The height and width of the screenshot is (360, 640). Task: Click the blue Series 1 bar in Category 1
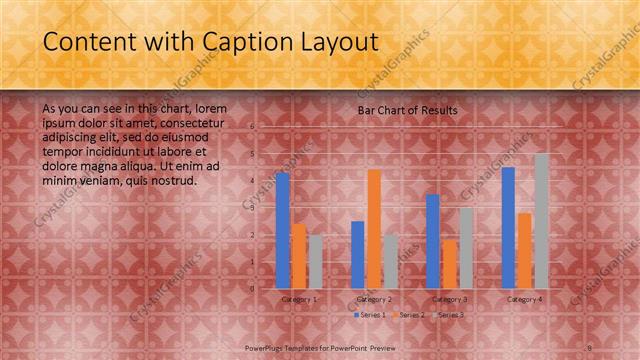click(283, 231)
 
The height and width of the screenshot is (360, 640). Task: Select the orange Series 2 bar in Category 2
click(374, 229)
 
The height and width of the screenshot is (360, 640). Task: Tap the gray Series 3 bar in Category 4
click(541, 221)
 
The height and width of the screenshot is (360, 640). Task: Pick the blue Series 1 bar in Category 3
click(433, 241)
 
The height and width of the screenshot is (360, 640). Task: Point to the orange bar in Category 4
click(524, 250)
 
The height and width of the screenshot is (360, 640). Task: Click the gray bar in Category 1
click(315, 261)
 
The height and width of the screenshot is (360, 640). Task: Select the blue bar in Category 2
click(358, 254)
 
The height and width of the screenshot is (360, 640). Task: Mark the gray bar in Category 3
click(466, 247)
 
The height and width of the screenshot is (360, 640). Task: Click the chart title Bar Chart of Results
click(408, 110)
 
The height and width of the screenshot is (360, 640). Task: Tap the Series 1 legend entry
click(373, 315)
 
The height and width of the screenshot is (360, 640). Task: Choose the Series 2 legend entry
click(410, 315)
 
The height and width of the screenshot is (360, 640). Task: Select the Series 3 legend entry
click(447, 315)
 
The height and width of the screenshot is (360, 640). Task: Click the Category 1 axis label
click(299, 299)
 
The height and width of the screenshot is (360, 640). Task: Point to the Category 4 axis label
click(525, 299)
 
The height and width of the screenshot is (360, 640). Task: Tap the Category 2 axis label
click(374, 299)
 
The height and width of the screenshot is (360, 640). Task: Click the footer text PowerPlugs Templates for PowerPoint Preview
click(320, 347)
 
